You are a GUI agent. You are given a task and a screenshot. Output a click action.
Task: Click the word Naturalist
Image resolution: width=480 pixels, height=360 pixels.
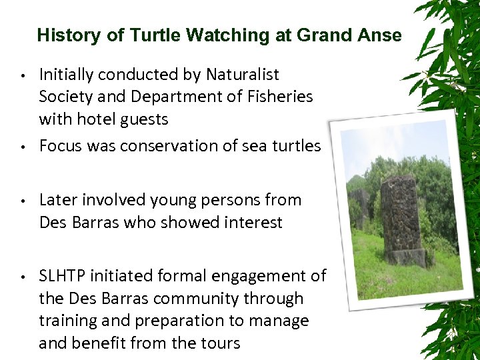coord(243,75)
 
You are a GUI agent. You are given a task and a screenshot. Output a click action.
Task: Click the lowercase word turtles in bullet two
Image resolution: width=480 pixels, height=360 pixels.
coord(297,146)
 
